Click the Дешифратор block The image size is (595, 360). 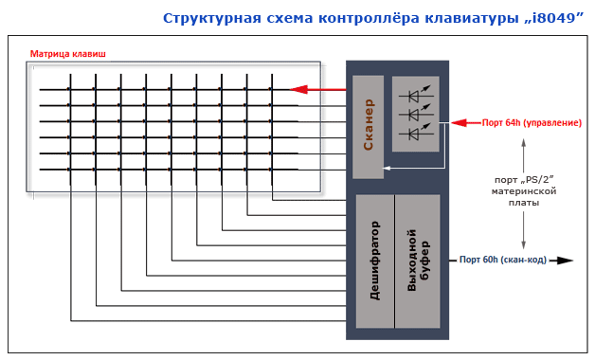point(374,261)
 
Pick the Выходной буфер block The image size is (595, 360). point(418,261)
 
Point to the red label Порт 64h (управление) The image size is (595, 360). point(532,122)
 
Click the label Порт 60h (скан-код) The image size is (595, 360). point(503,260)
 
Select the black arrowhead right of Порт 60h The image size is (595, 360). point(566,260)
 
